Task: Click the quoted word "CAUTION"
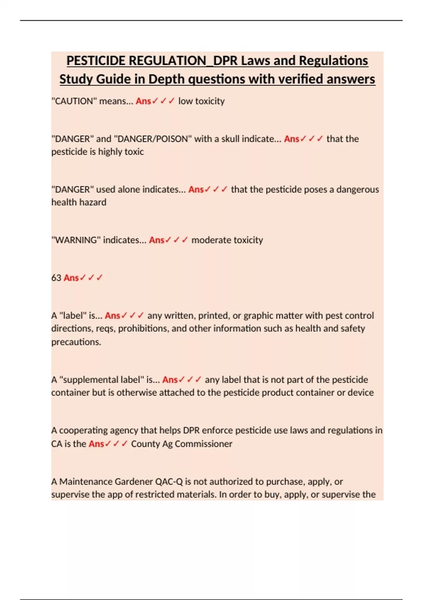point(74,101)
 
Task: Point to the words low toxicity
point(201,101)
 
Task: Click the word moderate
point(209,240)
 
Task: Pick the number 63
point(56,278)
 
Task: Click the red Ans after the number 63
point(71,278)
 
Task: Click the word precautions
point(76,342)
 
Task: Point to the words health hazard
point(79,203)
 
